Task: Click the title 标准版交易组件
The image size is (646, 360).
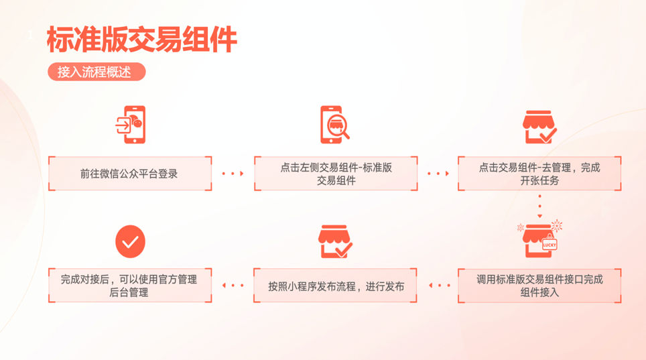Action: tap(141, 40)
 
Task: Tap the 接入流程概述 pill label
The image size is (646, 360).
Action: tap(95, 72)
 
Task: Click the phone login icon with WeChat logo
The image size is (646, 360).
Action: tap(131, 125)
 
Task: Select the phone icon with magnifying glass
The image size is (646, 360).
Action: tap(334, 125)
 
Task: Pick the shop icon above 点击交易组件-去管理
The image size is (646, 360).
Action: tap(539, 127)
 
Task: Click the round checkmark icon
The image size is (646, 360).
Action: tap(130, 242)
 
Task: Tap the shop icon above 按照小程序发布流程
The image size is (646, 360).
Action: tap(335, 242)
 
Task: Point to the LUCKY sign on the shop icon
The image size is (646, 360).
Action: tap(550, 245)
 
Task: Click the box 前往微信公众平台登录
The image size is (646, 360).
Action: tap(130, 174)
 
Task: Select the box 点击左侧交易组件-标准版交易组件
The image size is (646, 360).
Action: tap(335, 174)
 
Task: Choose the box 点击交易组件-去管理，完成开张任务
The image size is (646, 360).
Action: tap(539, 174)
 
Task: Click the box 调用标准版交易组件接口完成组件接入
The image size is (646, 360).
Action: tap(539, 286)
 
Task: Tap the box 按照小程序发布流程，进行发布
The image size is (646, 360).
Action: tap(335, 286)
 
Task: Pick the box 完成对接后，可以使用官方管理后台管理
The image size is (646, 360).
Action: tap(130, 286)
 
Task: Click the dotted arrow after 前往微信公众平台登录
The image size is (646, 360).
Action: tap(233, 174)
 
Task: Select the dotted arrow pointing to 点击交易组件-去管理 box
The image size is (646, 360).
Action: tap(438, 174)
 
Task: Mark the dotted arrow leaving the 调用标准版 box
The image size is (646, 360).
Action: tap(439, 286)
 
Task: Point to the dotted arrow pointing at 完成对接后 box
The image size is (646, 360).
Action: tap(233, 286)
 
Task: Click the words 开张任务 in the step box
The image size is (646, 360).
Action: tap(539, 180)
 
